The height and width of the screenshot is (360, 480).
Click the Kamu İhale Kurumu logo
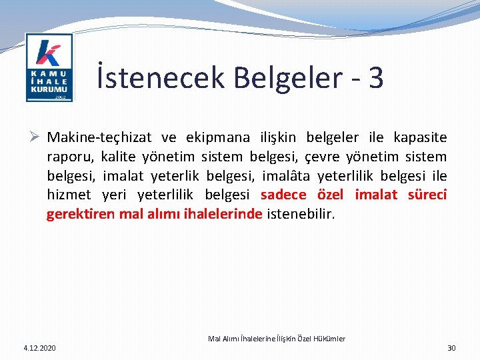(49, 67)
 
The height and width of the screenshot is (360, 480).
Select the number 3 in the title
(375, 77)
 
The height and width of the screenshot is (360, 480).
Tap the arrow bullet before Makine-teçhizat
(37, 138)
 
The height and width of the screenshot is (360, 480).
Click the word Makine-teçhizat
(99, 138)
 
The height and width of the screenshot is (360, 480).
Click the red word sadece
(283, 195)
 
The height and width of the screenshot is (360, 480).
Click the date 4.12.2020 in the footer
(40, 348)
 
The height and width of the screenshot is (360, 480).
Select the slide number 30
(451, 348)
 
